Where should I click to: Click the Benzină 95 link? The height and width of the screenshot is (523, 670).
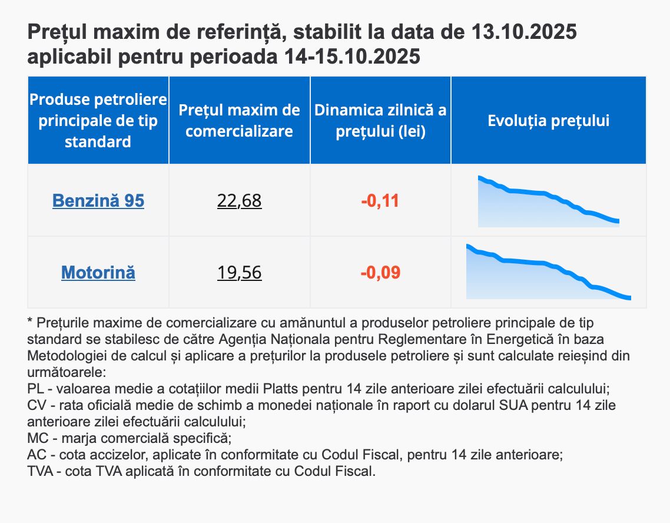pos(98,201)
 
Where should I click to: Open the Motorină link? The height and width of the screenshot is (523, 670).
pos(98,273)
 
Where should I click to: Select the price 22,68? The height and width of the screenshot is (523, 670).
pos(239,201)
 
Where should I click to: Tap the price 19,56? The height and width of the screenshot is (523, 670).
pos(239,273)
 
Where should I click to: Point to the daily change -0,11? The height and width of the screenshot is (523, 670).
pos(380,201)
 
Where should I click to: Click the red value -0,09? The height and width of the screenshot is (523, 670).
pos(380,273)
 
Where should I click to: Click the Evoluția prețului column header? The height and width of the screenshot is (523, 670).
pos(548,121)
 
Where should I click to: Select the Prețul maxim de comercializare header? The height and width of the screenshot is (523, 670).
pos(239,121)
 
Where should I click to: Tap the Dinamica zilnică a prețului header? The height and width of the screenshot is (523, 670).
pos(380,121)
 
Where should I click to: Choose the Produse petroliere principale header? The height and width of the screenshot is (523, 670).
pos(98,120)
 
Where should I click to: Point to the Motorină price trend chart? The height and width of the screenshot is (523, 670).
pos(548,273)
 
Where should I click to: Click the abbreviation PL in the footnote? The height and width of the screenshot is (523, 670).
pos(35,389)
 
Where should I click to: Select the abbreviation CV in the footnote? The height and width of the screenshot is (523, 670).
pos(36,406)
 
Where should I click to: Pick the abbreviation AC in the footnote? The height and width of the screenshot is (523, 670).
pos(36,455)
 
